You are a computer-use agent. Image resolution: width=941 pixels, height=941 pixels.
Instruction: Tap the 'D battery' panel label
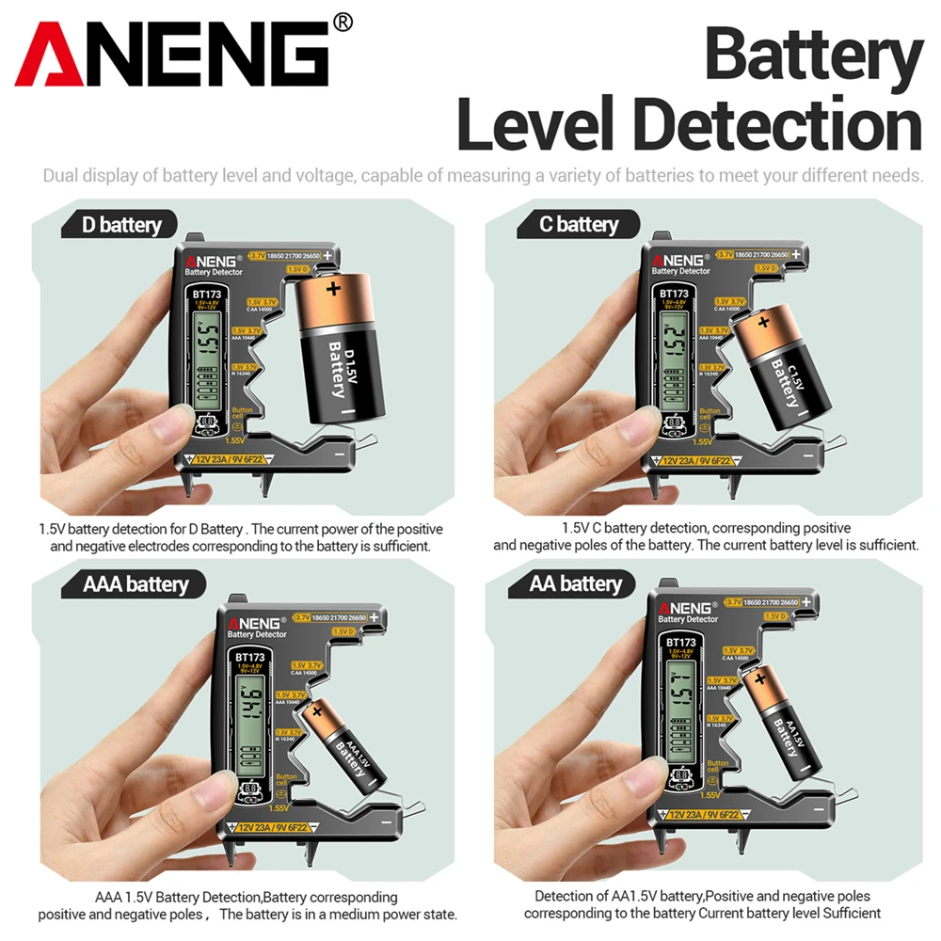(118, 225)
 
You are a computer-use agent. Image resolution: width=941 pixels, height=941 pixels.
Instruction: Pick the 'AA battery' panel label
(574, 584)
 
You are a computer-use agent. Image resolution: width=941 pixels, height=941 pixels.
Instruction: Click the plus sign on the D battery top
(332, 289)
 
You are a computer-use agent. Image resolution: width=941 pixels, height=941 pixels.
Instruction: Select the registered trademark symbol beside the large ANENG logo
(343, 22)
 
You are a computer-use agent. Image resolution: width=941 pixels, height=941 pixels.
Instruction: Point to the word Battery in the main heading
(813, 56)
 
